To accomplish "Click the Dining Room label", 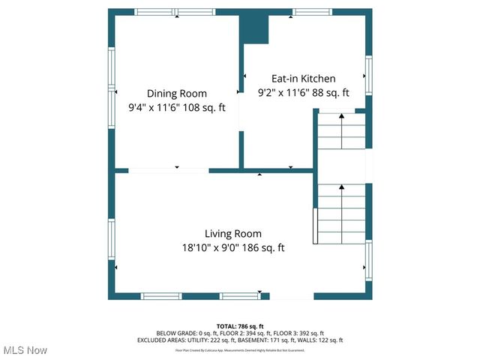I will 176,93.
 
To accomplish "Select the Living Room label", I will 233,233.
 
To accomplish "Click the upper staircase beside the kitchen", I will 342,132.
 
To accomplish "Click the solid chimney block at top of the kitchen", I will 254,28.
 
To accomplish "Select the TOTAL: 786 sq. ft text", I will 239,325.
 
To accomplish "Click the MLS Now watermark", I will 25,350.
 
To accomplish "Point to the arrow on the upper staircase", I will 342,116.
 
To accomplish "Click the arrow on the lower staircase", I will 342,186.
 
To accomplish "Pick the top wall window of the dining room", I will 178,12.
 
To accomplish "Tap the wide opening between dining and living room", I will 168,170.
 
